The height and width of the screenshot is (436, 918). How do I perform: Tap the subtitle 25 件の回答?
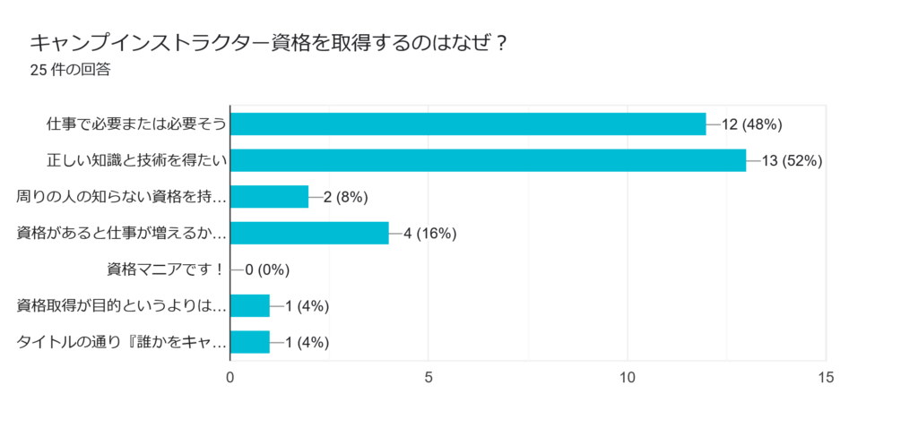pos(70,70)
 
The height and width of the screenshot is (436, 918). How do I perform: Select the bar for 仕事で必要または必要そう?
pos(468,124)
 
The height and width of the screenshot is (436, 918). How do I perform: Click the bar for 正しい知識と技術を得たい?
pos(488,160)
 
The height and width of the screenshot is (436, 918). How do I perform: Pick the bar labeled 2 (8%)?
pos(269,196)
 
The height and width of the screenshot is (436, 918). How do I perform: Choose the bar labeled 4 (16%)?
pos(309,233)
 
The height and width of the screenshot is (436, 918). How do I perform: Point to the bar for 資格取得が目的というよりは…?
pos(250,305)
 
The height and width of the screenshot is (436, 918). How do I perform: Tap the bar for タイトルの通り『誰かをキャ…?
pos(250,342)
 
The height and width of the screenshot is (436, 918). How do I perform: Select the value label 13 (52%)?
pos(792,160)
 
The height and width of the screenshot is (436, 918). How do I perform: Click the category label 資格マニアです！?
pos(165,269)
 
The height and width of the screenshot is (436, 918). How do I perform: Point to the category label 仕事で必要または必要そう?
pos(136,124)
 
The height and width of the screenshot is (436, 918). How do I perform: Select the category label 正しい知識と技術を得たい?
pos(136,160)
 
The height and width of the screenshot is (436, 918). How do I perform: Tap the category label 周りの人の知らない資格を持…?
pos(122,197)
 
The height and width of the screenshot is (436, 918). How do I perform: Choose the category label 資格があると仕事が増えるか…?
pos(122,233)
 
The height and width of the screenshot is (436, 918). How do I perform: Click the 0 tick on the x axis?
pos(231,378)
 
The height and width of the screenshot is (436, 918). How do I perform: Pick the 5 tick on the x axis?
pos(429,378)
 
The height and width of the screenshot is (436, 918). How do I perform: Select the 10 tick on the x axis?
pos(628,378)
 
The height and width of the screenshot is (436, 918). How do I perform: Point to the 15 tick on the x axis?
pos(826,378)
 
